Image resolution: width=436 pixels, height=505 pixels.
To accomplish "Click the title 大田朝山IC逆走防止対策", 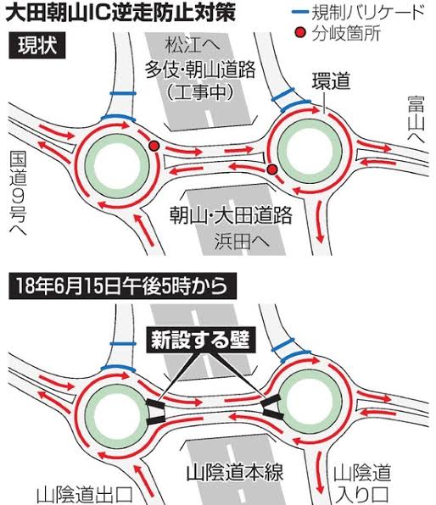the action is click(120, 13).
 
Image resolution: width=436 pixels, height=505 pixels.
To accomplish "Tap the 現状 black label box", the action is click(37, 46).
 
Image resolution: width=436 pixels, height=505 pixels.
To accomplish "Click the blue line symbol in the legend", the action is click(300, 12).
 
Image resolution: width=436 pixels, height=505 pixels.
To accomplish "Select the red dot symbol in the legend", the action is click(300, 32).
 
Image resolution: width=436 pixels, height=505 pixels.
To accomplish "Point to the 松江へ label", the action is click(193, 45).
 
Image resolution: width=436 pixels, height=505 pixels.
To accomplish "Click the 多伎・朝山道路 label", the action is click(200, 69).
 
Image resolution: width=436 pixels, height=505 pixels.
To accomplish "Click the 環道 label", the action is click(331, 81).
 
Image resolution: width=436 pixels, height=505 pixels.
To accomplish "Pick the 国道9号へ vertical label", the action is click(18, 192).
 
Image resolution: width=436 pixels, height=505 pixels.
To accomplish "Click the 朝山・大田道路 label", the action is click(231, 215).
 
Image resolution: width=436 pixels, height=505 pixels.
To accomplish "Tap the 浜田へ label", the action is click(242, 241).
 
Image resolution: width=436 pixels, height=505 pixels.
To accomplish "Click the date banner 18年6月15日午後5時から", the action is click(122, 286).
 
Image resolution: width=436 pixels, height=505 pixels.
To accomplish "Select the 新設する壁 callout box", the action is click(200, 341).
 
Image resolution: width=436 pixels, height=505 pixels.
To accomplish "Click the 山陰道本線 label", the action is click(235, 472).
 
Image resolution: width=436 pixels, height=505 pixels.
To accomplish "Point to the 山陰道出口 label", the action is click(85, 496).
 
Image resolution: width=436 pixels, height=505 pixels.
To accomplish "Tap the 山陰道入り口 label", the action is click(362, 484).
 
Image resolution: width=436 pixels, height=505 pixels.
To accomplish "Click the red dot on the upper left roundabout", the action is click(154, 147).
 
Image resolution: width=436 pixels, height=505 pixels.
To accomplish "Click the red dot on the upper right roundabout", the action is click(272, 169).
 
